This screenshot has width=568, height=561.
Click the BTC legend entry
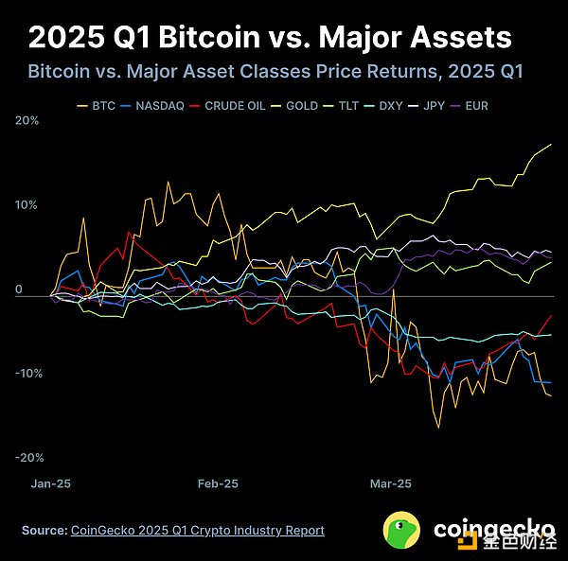point(101,105)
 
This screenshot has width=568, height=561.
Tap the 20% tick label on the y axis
point(27,121)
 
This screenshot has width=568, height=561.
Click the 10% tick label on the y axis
point(27,204)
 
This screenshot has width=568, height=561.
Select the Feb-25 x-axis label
point(218,482)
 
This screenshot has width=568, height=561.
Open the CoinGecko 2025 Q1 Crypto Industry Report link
point(198,531)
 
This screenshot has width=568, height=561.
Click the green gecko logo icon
point(402,531)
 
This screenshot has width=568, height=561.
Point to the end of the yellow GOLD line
point(551,145)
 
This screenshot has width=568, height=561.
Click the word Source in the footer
point(44,531)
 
